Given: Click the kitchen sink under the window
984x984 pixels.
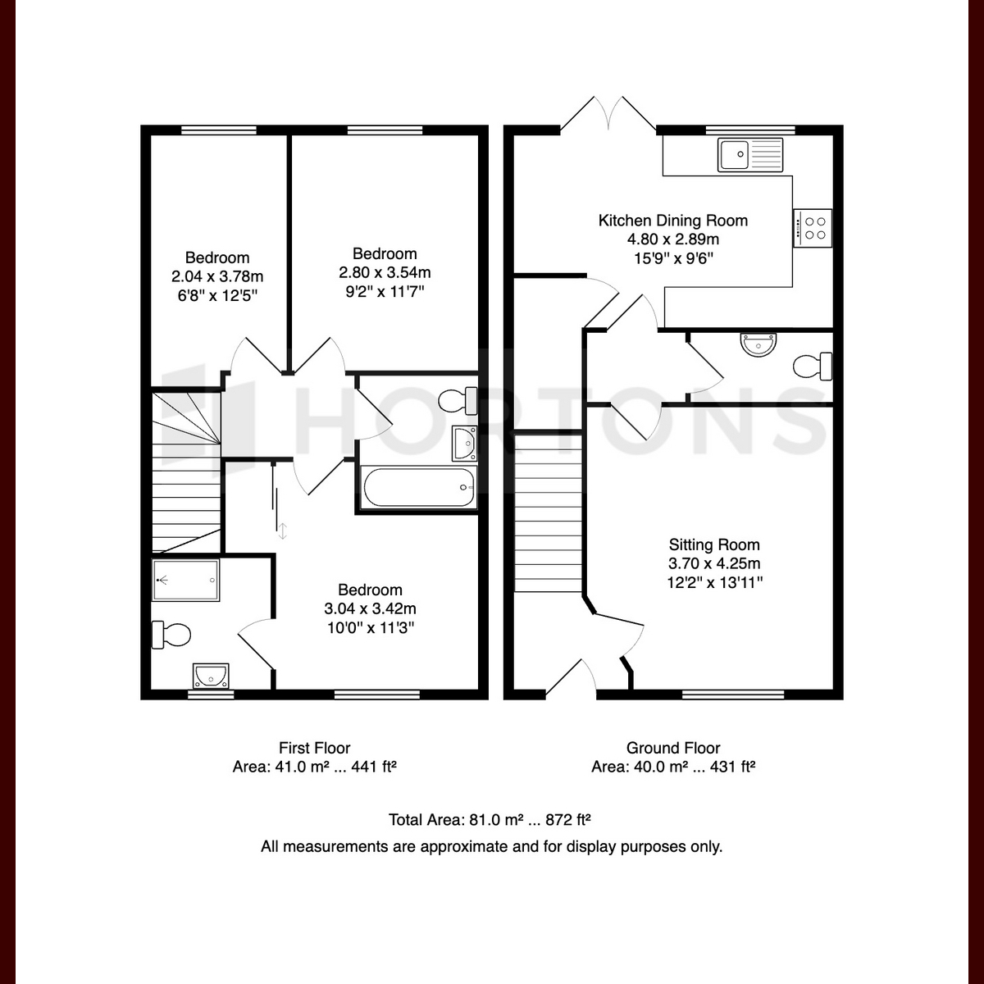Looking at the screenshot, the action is pos(749,154).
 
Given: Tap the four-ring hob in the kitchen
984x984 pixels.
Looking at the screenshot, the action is pos(813,228).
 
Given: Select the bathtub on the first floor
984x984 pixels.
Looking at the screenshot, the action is pos(419,487).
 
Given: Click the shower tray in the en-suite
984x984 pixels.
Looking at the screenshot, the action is pos(186,580).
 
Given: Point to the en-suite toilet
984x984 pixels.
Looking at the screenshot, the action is pos(171,635).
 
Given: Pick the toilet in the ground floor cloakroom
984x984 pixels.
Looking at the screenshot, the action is pos(813,367).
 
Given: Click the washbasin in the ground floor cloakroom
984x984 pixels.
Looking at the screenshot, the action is pos(758,344).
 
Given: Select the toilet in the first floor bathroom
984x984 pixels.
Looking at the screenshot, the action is pos(458,401).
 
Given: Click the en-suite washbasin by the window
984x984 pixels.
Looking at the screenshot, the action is pos(211,676).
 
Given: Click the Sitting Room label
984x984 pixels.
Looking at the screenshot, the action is pos(714,544).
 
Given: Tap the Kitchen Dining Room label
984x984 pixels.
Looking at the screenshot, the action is pos(672,221).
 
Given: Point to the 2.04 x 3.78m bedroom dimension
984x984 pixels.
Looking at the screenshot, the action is pos(217,277).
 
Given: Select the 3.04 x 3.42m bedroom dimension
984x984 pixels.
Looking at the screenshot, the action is pos(370,608).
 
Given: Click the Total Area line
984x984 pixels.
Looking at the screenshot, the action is pos(490,819).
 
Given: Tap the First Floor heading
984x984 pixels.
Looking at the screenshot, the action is pos(315,748).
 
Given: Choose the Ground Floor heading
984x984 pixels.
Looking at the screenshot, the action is pos(673,748).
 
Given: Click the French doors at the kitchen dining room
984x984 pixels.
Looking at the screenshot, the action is pos(608,114).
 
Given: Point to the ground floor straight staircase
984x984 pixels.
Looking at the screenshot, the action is pos(548,513).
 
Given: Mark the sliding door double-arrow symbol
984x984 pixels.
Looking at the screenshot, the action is pos(282,531).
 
